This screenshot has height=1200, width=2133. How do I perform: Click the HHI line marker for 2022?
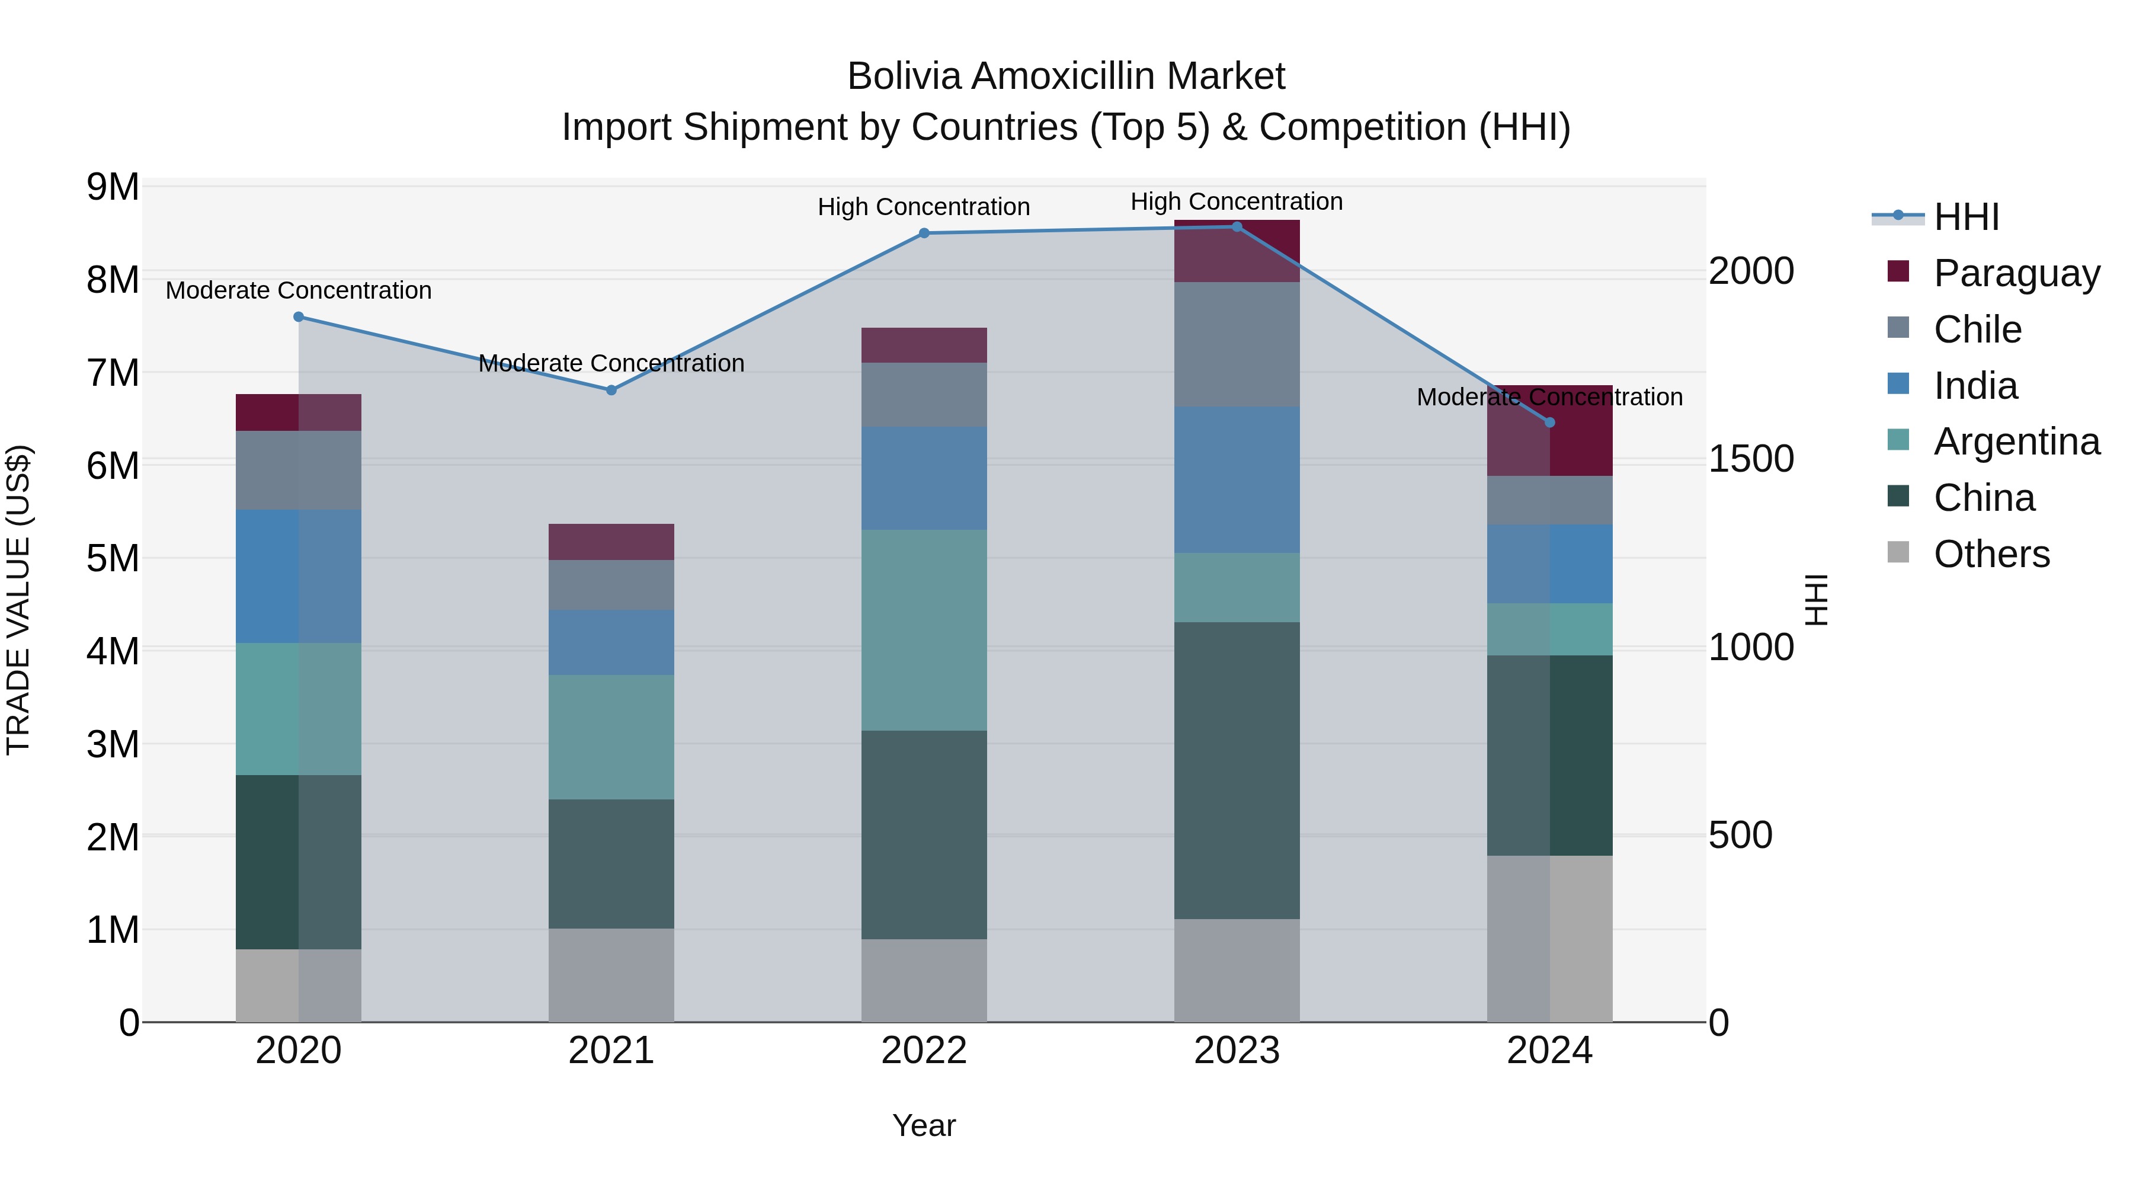click(x=924, y=233)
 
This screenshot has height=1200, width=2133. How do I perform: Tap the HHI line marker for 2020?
click(x=299, y=317)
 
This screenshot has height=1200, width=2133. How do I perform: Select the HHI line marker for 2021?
click(x=611, y=390)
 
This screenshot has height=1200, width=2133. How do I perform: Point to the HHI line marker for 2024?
click(x=1550, y=423)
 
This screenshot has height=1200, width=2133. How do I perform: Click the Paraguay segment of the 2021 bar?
click(x=611, y=542)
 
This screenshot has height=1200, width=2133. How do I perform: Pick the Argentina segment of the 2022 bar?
click(x=924, y=631)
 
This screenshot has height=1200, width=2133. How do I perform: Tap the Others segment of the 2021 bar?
click(x=611, y=975)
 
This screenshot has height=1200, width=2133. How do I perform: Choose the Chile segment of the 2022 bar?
click(x=924, y=395)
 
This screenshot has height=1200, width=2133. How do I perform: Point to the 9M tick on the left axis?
click(x=113, y=187)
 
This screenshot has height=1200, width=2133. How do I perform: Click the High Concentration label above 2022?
click(x=924, y=207)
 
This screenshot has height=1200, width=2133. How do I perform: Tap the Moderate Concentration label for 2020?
click(x=299, y=291)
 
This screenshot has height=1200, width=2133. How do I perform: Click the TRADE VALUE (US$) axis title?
click(x=19, y=600)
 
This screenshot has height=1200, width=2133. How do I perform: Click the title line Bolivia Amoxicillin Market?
click(x=1066, y=77)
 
